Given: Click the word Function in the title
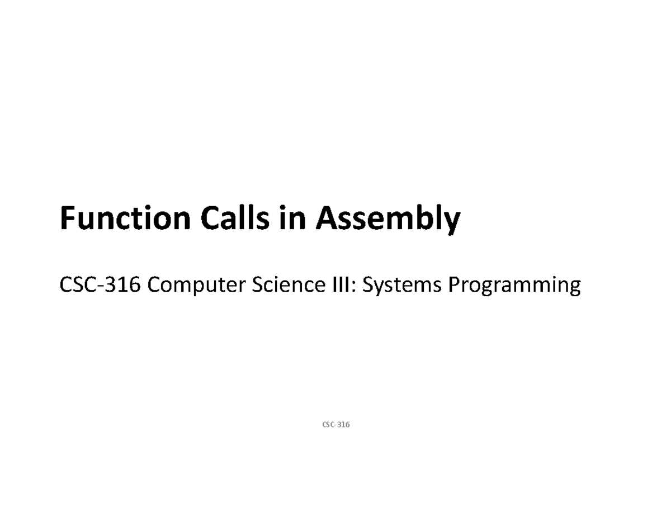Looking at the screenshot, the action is tap(125, 217).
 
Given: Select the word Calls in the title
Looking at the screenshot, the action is tap(235, 217).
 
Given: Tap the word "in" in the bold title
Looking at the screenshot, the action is tap(292, 217).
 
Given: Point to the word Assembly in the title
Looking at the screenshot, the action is tap(388, 219).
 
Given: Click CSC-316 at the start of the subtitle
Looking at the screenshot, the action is tap(100, 284).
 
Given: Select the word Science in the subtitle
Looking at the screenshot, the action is tap(289, 284).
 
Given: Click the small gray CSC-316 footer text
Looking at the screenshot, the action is tap(336, 425).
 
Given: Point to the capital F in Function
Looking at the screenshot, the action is tap(68, 217).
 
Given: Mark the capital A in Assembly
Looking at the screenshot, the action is tap(327, 217).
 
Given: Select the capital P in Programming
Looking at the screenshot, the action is tap(455, 284).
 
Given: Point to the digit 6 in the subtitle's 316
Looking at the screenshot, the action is tap(135, 284).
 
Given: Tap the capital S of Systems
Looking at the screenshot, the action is tap(368, 284).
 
